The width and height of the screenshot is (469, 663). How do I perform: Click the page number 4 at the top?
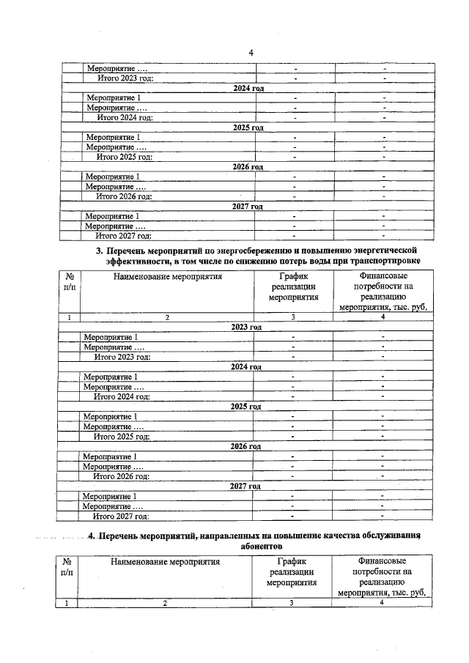click(251, 52)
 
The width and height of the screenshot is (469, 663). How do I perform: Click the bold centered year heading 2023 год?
click(245, 327)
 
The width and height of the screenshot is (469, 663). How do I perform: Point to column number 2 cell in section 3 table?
click(167, 317)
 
